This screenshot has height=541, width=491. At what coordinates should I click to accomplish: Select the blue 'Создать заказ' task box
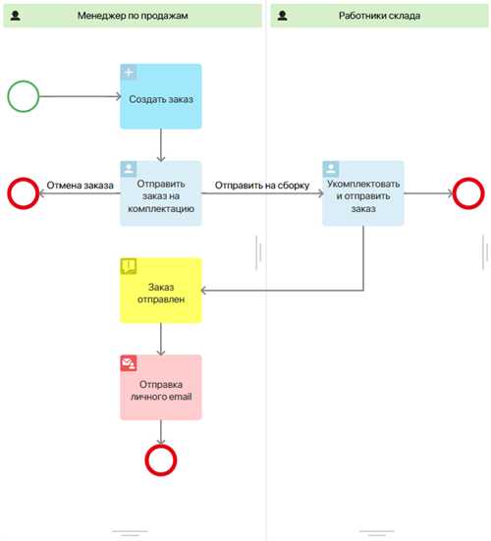[x=161, y=96]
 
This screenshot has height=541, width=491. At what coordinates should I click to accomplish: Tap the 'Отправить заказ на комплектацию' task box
[x=161, y=193]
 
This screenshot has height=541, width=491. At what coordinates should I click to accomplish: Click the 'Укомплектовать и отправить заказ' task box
[x=363, y=193]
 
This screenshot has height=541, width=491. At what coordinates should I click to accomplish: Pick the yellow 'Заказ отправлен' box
[x=161, y=291]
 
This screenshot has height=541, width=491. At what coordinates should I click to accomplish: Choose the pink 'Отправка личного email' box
[x=161, y=388]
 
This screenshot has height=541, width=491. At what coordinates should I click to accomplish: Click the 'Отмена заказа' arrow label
[x=81, y=186]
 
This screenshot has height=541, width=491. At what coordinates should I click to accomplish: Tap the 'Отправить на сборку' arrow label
[x=262, y=186]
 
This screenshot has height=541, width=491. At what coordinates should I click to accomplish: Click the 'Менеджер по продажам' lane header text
[x=133, y=16]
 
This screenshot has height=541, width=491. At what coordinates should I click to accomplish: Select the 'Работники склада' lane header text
[x=379, y=16]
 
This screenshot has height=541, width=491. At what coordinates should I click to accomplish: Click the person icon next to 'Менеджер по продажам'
[x=15, y=16]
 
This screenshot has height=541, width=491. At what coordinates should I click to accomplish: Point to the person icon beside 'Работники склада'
[x=282, y=16]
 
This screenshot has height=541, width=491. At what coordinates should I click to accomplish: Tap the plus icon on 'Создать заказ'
[x=129, y=72]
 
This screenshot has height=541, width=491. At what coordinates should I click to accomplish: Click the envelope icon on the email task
[x=129, y=363]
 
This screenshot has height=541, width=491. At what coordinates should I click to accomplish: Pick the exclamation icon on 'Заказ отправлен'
[x=129, y=266]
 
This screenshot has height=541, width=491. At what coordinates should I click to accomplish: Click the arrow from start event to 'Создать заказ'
[x=81, y=96]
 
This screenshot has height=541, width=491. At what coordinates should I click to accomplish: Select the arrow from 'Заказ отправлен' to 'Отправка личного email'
[x=161, y=339]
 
